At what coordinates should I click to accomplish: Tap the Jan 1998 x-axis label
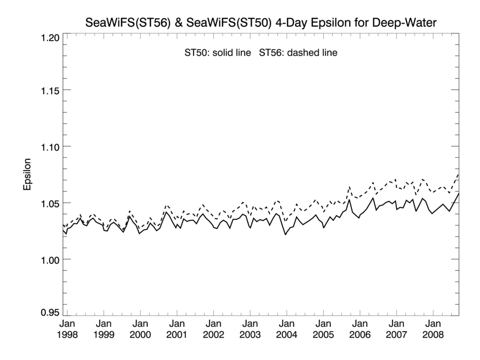[67, 329]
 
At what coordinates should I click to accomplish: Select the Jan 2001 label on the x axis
[177, 329]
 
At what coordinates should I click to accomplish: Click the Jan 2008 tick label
[433, 329]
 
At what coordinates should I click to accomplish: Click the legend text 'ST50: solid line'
[217, 53]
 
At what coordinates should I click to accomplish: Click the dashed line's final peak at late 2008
[458, 174]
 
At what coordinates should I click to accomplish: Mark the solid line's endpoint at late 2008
[458, 193]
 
